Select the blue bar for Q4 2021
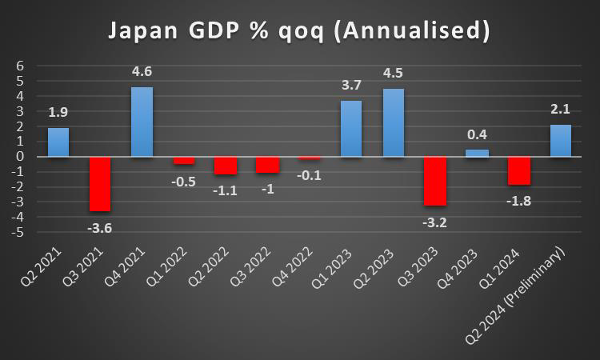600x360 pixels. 142,122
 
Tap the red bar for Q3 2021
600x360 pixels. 100,183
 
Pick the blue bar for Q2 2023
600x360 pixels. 393,122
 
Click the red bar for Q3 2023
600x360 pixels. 434,181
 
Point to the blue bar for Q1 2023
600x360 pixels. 351,128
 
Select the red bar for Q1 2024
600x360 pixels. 518,170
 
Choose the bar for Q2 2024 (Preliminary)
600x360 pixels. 560,141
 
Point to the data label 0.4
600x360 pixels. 477,135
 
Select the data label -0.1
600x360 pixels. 309,174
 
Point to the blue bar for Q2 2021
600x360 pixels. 58,142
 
